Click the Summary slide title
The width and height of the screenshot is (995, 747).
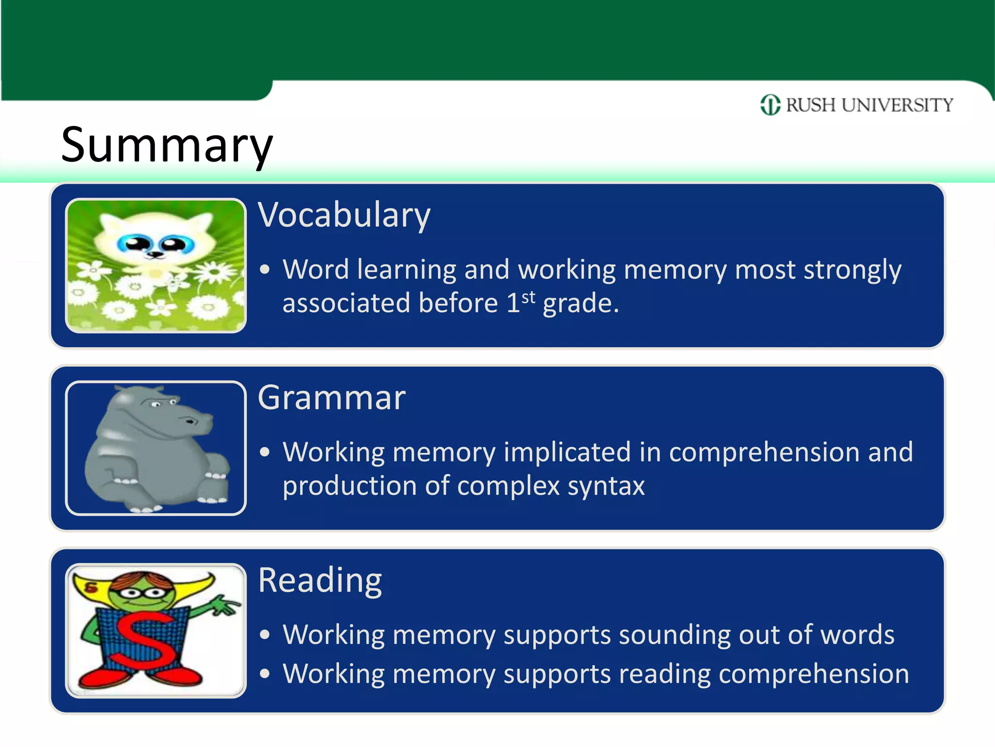pos(167,145)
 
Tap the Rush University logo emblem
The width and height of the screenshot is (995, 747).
pos(770,105)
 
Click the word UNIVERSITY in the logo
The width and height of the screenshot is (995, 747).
pos(897,105)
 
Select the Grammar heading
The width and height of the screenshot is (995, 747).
pos(331,397)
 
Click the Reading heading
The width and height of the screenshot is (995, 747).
pos(320,580)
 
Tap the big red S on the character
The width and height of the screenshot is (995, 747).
pos(146,640)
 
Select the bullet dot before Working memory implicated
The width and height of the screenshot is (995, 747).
pos(264,452)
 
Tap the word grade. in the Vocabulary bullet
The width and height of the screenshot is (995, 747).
pos(581,303)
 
